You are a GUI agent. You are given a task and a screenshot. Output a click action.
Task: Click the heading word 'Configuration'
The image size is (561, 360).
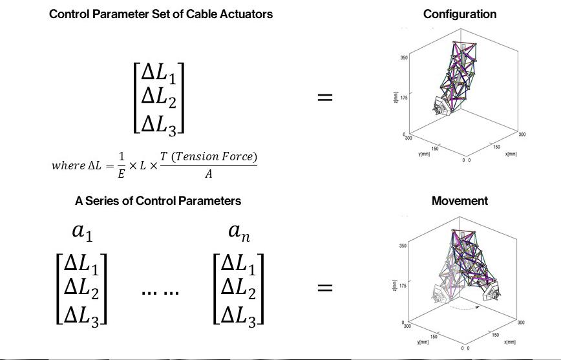coord(460,14)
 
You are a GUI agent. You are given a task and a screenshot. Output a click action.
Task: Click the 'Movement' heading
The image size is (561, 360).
coord(460,201)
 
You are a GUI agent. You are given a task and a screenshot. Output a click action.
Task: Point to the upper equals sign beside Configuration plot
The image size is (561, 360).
coord(324,98)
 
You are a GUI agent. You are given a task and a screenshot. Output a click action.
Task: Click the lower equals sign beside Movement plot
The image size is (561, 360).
coord(324,287)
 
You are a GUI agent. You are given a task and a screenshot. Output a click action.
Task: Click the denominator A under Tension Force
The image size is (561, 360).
coord(208,174)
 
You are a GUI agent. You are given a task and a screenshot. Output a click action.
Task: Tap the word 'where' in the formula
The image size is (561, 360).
coord(67,165)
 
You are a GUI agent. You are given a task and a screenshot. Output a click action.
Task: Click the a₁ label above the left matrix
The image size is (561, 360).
coord(82,231)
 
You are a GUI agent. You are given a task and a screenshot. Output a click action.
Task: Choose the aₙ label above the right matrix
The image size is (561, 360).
coord(238,231)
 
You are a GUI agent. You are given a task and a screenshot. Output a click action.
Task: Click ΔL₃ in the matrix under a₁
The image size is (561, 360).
coord(81,315)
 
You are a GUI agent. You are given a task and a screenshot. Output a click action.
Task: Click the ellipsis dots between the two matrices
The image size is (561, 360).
coord(160,292)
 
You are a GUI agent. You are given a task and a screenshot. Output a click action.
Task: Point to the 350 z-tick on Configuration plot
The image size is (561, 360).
coord(403,58)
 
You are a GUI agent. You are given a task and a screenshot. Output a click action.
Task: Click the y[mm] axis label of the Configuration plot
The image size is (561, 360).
coord(425,154)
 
